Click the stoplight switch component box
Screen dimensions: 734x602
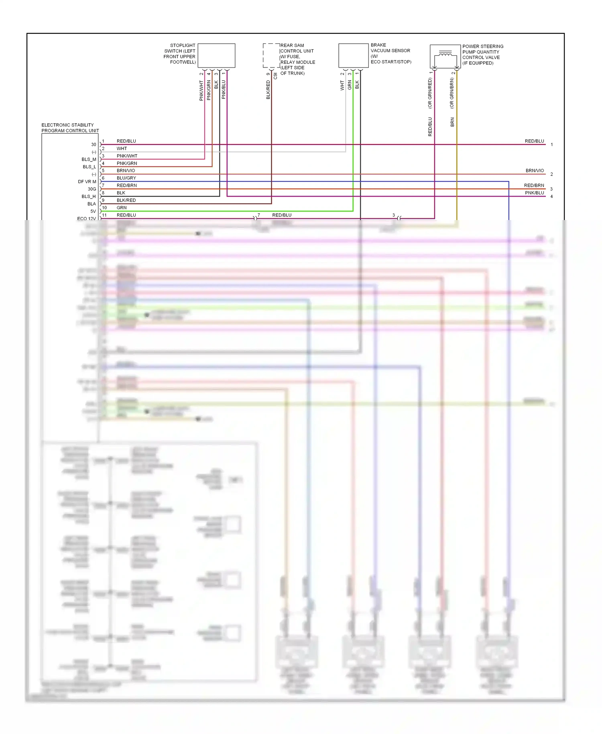[216, 55]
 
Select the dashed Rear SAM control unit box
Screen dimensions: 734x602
[271, 55]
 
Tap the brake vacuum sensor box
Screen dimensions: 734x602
[353, 55]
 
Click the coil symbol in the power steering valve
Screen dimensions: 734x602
[445, 54]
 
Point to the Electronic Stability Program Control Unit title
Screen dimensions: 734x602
[70, 128]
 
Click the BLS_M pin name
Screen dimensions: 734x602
[89, 159]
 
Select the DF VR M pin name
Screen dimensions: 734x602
[87, 181]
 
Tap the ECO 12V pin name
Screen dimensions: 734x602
[86, 219]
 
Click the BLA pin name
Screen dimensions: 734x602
[92, 204]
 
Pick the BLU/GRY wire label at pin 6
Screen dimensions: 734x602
[126, 178]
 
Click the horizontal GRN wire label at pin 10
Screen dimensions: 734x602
[122, 208]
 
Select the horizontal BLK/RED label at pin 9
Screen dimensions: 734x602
[126, 200]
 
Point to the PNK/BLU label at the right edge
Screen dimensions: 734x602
[534, 193]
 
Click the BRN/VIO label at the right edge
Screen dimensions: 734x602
[535, 171]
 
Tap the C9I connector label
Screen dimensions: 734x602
[275, 75]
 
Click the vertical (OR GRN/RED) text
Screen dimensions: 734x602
[430, 93]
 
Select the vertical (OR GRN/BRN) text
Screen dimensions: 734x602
[452, 93]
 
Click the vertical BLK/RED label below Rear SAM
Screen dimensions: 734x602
[268, 90]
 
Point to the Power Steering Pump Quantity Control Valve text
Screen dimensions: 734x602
[482, 55]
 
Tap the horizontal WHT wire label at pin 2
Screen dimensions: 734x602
[122, 149]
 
